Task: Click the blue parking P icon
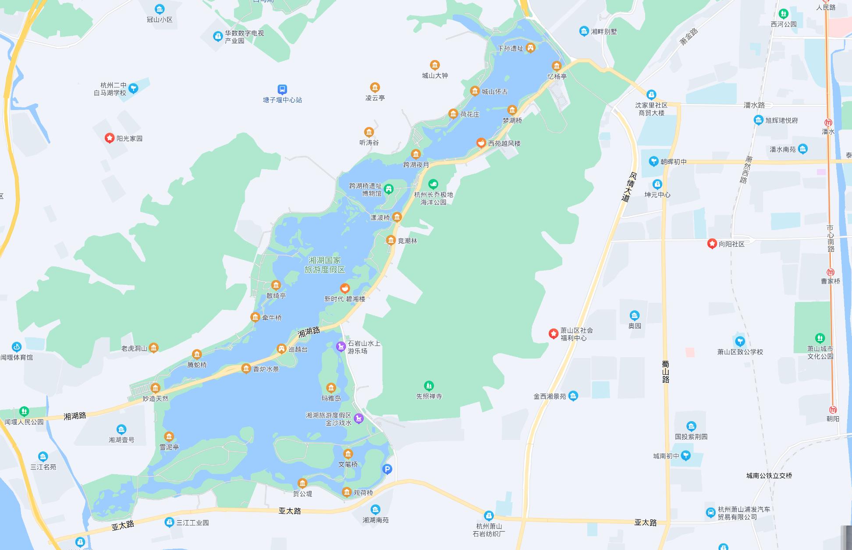(387, 469)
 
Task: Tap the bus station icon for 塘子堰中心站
(282, 89)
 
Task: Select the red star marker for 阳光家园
(110, 138)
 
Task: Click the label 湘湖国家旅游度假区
(325, 265)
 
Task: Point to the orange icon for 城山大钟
(435, 65)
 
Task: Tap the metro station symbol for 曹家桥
(830, 272)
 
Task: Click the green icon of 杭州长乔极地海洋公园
(433, 184)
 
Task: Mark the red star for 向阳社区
(712, 244)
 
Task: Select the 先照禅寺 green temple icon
(429, 386)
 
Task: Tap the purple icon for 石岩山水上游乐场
(341, 347)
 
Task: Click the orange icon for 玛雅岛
(331, 388)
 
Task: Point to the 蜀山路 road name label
(666, 372)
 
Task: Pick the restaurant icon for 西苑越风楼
(481, 143)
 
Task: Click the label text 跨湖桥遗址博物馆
(366, 189)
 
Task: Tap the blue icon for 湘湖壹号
(121, 429)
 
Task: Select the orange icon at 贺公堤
(302, 483)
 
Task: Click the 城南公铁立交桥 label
(769, 475)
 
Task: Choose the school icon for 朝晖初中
(654, 161)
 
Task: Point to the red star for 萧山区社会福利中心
(554, 334)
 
